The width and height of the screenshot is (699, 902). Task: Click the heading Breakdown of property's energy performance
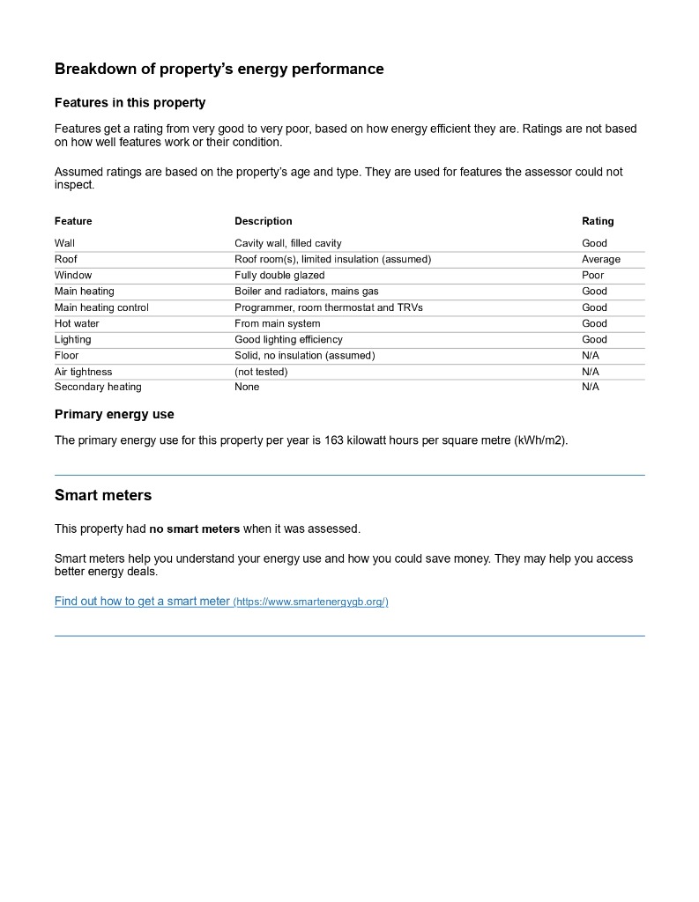click(x=219, y=69)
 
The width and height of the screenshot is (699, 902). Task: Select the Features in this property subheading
click(x=130, y=102)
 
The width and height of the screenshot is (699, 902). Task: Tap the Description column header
click(x=263, y=221)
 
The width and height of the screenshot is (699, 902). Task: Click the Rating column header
click(x=598, y=221)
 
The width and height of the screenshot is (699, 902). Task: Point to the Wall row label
click(x=64, y=243)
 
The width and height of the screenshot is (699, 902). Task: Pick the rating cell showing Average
click(x=600, y=259)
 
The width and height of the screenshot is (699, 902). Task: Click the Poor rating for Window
click(x=592, y=275)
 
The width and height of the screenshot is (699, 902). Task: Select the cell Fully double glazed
click(x=279, y=275)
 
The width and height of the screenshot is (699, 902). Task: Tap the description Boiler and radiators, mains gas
click(x=306, y=291)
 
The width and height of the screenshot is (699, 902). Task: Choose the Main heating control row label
click(x=101, y=307)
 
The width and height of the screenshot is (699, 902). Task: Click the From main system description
click(x=277, y=323)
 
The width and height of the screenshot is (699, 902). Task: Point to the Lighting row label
click(x=72, y=339)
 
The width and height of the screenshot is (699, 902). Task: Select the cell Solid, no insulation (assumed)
click(x=304, y=355)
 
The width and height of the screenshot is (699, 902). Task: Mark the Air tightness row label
click(x=83, y=372)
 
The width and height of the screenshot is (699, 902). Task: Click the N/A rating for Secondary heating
click(x=590, y=387)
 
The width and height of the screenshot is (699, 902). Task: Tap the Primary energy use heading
click(x=114, y=414)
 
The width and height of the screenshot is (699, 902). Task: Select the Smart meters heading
click(x=103, y=495)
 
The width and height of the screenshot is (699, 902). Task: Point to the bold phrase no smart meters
click(x=194, y=529)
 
